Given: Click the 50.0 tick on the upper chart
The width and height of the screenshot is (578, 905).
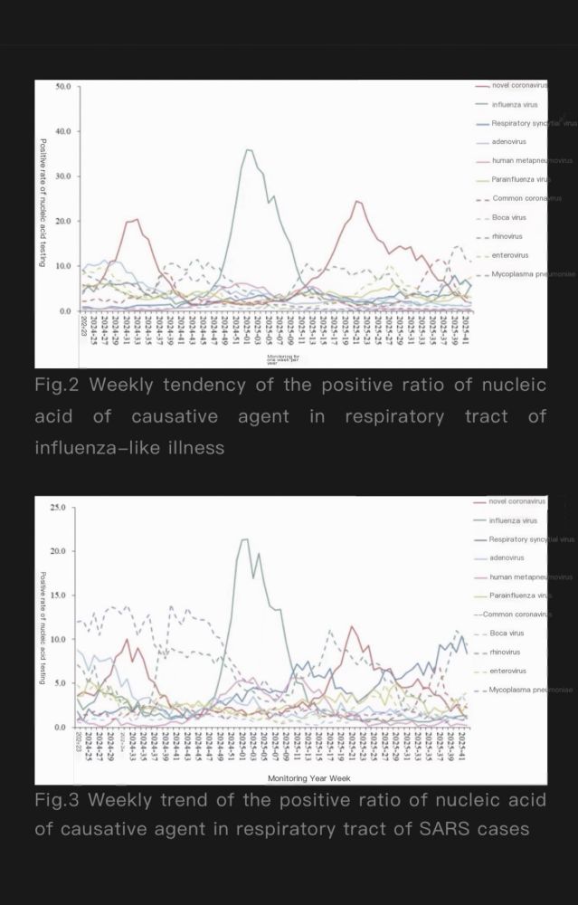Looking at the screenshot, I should click(63, 87).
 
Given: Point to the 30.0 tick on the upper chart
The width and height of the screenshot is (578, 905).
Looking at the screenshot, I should click(63, 176).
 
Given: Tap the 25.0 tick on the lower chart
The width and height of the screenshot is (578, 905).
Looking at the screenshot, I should click(58, 507).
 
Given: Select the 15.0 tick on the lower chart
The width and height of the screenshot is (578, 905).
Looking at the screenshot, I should click(58, 595).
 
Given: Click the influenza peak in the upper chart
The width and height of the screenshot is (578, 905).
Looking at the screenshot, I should click(249, 150).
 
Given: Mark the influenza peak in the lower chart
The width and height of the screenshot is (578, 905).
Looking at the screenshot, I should click(244, 539).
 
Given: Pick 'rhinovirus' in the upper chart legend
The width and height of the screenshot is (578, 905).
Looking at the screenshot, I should click(507, 236).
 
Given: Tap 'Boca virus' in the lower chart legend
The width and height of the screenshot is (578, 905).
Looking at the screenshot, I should click(507, 633).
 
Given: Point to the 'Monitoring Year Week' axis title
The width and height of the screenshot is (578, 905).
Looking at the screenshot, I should click(302, 777).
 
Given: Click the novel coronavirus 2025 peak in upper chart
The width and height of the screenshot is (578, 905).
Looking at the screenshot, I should click(357, 201).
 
